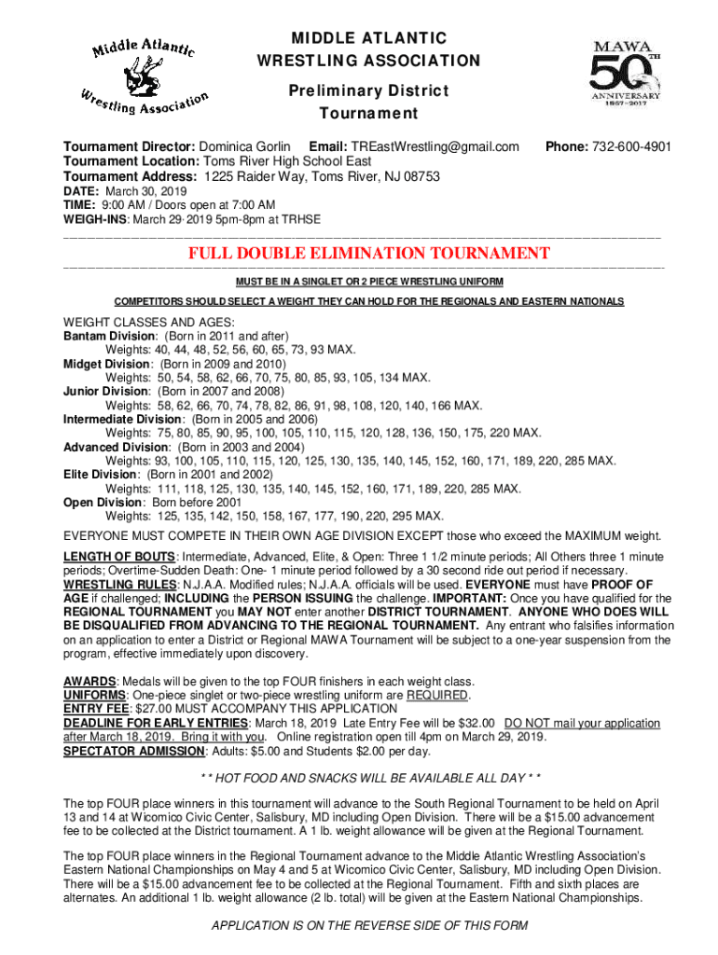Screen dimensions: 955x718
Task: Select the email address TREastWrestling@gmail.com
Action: (434, 147)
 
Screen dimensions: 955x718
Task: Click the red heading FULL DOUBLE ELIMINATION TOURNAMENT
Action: (369, 254)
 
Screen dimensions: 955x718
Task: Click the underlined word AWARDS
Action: (90, 681)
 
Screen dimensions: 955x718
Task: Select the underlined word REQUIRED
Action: (437, 695)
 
